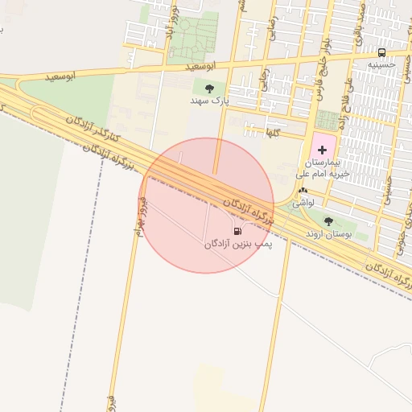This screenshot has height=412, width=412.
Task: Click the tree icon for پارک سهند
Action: (x=210, y=89)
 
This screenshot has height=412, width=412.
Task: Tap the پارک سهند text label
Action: (x=210, y=102)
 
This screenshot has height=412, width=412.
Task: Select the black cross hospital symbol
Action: (x=322, y=150)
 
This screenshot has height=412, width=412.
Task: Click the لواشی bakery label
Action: (x=303, y=204)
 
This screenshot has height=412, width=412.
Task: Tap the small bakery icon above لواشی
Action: (x=303, y=192)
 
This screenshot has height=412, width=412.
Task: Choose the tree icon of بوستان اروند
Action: (x=328, y=221)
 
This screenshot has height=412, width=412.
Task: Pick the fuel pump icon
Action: (x=237, y=232)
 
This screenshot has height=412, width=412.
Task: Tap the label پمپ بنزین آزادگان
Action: (x=237, y=243)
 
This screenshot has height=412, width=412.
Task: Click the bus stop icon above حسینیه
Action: (x=381, y=52)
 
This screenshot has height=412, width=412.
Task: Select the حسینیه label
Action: (x=381, y=64)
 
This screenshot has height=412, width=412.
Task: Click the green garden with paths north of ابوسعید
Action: (x=192, y=36)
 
